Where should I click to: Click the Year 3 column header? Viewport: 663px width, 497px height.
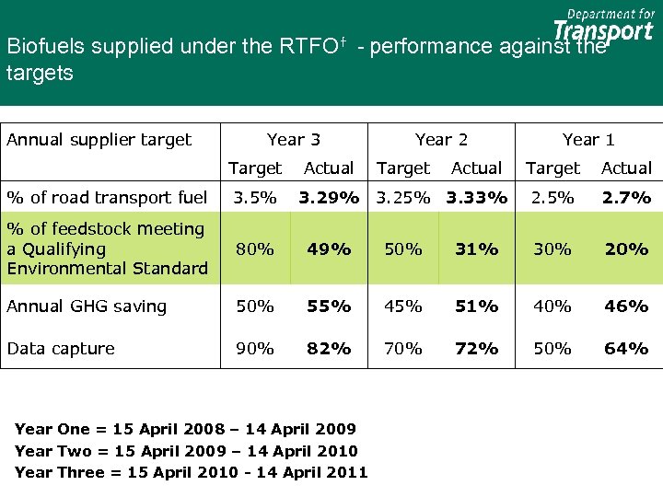(x=294, y=140)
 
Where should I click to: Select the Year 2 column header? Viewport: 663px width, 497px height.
(x=441, y=140)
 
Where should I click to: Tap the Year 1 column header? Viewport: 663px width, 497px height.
(x=588, y=140)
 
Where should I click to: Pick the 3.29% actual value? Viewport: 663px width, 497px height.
(x=329, y=197)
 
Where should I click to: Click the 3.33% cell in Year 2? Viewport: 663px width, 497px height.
(x=477, y=197)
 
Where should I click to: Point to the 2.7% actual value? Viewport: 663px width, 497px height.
(x=626, y=197)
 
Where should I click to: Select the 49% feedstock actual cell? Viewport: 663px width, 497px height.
(x=329, y=248)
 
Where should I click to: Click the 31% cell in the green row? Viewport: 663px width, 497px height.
(x=477, y=248)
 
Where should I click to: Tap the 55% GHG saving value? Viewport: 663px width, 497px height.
(x=329, y=306)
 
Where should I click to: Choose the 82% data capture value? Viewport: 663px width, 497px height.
(x=329, y=349)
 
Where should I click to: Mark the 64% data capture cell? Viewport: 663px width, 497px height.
(x=626, y=349)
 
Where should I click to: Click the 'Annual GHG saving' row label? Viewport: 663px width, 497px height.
(x=87, y=306)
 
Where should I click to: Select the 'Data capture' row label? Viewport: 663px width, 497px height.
(x=61, y=349)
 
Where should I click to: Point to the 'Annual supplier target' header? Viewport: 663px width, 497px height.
(x=99, y=140)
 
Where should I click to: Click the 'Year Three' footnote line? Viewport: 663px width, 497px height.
(x=191, y=472)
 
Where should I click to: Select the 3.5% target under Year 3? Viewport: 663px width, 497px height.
(x=255, y=197)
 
